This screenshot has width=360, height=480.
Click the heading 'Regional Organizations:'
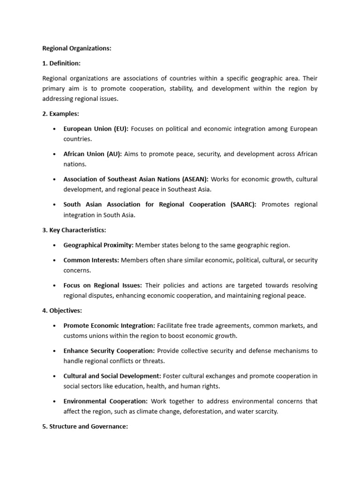pos(77,48)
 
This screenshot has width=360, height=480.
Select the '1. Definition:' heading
pos(61,63)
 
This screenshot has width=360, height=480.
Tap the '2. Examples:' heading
pos(60,114)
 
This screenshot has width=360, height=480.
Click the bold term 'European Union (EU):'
pos(96,129)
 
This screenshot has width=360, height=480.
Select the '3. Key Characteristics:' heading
pos(74,230)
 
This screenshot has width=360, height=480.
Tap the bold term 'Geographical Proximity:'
pos(98,245)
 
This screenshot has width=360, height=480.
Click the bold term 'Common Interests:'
pos(91,260)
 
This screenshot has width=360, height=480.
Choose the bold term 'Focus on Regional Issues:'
pos(103,285)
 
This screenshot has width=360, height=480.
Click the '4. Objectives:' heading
pos(62,310)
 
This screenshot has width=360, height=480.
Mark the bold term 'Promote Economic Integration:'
pos(109,325)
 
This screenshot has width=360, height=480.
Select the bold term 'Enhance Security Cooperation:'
pos(109,351)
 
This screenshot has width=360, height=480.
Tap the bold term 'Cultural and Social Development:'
pos(112,376)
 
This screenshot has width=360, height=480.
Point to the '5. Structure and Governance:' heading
pos(85,427)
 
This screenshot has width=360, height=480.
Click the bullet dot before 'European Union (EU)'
pos(55,129)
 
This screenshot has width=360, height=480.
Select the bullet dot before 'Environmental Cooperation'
pos(55,401)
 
